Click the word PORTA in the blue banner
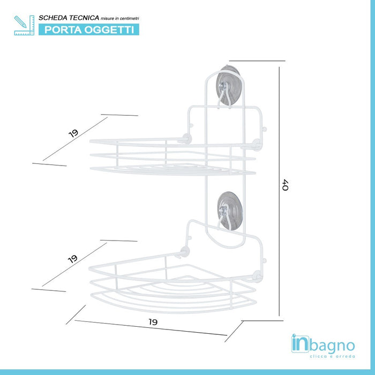pyautogui.click(x=61, y=29)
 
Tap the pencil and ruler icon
pyautogui.click(x=24, y=25)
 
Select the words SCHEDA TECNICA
pyautogui.click(x=68, y=18)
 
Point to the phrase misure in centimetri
pyautogui.click(x=119, y=18)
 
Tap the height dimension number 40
pyautogui.click(x=285, y=185)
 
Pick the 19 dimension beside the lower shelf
pyautogui.click(x=73, y=259)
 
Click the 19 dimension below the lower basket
pyautogui.click(x=153, y=322)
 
